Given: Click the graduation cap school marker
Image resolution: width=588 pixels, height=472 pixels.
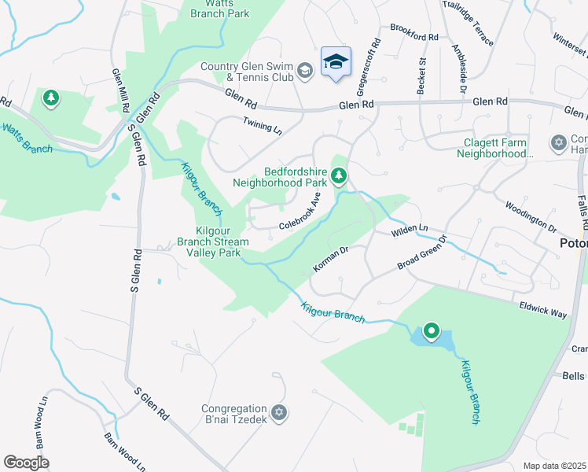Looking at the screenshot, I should (336, 62).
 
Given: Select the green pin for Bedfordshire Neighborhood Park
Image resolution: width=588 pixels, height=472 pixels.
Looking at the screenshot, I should (339, 175).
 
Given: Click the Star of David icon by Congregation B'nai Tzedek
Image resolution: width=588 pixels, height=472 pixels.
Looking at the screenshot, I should (277, 412).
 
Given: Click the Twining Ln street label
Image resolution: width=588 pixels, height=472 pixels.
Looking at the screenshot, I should (262, 126).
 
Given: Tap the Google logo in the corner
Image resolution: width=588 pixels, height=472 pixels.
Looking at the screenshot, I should (26, 462).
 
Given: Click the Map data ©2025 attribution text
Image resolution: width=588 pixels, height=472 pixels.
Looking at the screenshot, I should (554, 466).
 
